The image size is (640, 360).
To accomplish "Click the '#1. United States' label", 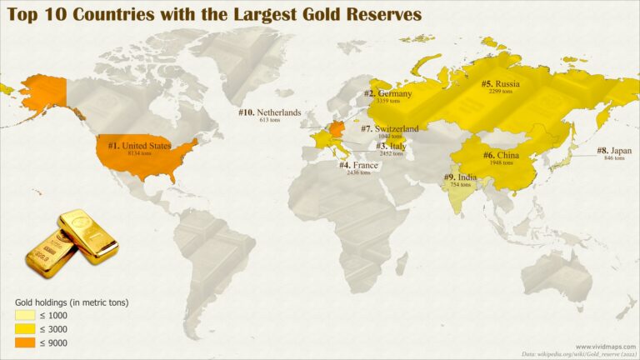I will click(140, 146).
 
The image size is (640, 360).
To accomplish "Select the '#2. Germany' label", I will click(388, 93).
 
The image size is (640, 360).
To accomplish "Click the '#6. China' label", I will click(500, 155).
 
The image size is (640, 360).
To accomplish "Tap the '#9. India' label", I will click(460, 177).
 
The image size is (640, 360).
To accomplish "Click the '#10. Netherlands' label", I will click(269, 112).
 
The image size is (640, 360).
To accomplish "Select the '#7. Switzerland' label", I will click(389, 128).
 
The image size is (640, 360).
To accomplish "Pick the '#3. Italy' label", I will click(392, 146).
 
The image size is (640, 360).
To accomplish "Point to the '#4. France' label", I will click(358, 165).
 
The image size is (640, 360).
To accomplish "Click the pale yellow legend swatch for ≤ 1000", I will click(24, 316).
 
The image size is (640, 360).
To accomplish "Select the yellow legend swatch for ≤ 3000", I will click(24, 329).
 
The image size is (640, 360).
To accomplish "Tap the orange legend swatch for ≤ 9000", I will click(24, 342).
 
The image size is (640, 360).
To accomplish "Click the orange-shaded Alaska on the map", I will click(42, 92).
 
